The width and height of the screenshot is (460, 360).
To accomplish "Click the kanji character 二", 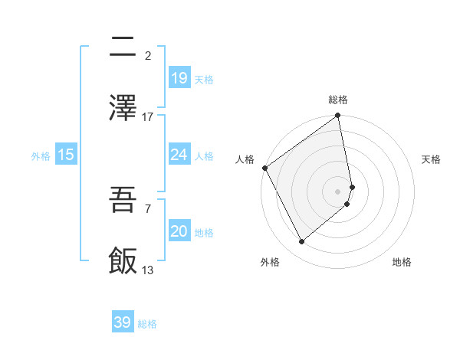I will (123, 48).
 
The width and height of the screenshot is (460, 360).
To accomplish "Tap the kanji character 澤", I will (123, 109).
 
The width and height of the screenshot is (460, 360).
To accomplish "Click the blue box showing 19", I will (179, 78).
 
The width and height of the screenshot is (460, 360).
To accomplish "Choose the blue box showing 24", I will (179, 155).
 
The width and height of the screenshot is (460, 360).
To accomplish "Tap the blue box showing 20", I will (179, 231).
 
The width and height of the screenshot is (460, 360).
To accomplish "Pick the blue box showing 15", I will (66, 155).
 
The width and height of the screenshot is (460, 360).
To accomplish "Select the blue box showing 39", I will (123, 322).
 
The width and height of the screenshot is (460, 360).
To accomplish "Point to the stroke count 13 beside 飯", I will (148, 270).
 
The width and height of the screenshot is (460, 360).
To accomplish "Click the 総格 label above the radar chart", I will (338, 100).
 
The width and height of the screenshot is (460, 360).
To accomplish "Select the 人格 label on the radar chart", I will (245, 159).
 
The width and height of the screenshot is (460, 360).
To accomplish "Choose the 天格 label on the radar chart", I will (431, 159).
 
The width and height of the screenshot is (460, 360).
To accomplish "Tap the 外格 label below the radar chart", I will (269, 262).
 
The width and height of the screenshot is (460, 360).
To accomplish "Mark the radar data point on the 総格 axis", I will (338, 116).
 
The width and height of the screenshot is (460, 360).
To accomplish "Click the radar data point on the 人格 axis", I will (264, 168).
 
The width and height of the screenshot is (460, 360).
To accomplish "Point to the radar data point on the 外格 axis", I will (302, 242).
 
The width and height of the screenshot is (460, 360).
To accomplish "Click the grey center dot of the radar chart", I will (338, 191).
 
